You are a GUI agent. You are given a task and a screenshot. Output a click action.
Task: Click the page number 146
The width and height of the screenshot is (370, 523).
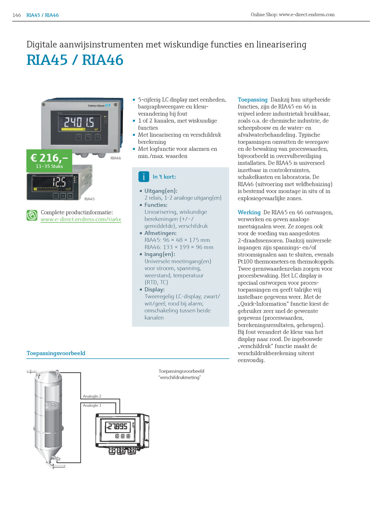[16, 15]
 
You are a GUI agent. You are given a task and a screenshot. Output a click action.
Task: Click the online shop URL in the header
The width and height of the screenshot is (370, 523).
[292, 14]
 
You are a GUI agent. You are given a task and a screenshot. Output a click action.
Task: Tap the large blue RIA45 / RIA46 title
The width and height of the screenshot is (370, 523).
[75, 60]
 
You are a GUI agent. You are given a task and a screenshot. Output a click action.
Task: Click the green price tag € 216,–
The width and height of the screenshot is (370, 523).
[49, 160]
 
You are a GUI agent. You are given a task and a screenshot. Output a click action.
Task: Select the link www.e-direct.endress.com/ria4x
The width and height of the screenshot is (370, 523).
[81, 220]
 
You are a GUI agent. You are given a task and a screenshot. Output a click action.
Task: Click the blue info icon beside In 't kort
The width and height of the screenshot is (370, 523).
[144, 177]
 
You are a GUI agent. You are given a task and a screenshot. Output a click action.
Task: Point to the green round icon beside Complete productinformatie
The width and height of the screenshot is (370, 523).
[32, 215]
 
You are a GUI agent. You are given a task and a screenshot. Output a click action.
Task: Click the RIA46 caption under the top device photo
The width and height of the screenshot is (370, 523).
[116, 158]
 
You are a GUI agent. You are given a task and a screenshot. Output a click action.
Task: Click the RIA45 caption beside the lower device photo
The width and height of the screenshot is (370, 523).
[89, 199]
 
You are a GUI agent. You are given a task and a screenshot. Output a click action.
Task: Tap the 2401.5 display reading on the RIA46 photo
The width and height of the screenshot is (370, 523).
[79, 122]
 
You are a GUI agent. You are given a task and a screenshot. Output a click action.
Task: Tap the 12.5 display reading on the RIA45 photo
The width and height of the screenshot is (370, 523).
[59, 182]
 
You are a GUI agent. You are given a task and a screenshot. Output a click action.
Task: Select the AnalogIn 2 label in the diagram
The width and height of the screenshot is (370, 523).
[92, 396]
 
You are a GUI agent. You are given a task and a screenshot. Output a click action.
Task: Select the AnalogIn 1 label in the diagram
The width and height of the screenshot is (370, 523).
[92, 405]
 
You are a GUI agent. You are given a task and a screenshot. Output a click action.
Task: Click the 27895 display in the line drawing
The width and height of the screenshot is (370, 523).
[118, 426]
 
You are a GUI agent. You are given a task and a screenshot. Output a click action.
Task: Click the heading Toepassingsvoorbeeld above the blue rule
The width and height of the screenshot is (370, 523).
[56, 353]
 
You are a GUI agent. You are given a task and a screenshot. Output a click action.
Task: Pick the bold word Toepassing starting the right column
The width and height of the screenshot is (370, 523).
[252, 100]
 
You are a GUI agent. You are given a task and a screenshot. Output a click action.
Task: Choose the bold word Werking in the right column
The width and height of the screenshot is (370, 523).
[249, 213]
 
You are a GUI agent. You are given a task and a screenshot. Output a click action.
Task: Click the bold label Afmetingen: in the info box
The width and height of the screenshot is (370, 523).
[160, 233]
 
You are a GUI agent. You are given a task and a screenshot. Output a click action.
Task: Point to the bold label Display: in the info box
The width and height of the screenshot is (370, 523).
[154, 290]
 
